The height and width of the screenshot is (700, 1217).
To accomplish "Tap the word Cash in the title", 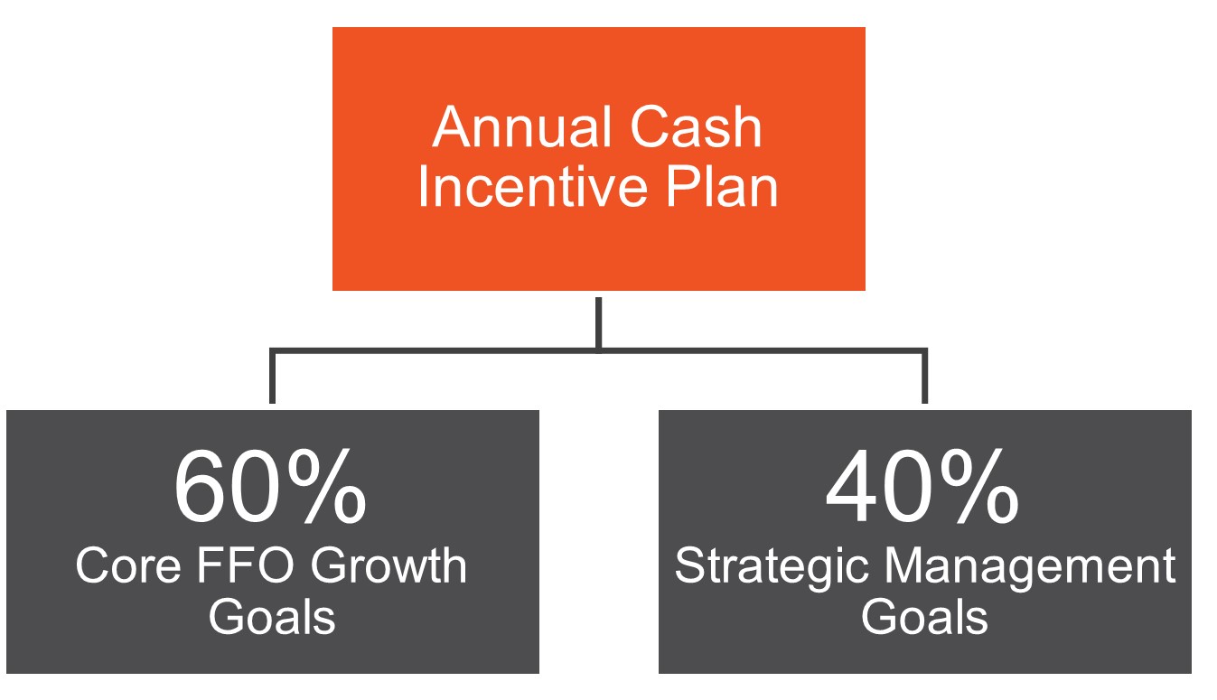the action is pyautogui.click(x=696, y=127).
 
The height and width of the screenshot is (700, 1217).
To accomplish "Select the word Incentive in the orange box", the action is pyautogui.click(x=532, y=187).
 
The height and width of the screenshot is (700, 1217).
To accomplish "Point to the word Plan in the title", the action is pyautogui.click(x=722, y=187).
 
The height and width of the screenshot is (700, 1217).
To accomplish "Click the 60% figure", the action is pyautogui.click(x=270, y=486).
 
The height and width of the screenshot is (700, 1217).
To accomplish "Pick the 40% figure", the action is pyautogui.click(x=922, y=486).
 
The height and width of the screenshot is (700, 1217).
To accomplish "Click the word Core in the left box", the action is pyautogui.click(x=128, y=565).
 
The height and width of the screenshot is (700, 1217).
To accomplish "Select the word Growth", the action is pyautogui.click(x=389, y=565).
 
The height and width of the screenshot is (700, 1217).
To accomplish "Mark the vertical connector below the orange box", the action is pyautogui.click(x=598, y=325).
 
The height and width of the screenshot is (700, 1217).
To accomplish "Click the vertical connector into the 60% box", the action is pyautogui.click(x=272, y=377).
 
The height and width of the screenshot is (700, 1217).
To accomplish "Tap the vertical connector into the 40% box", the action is pyautogui.click(x=924, y=377).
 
